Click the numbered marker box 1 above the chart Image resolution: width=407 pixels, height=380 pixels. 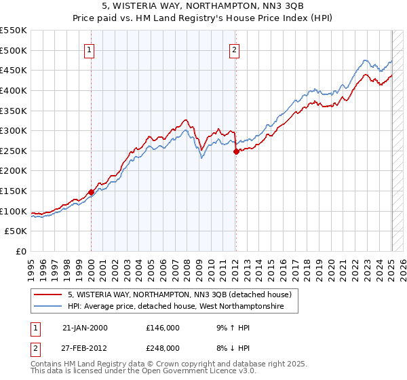(x=90, y=49)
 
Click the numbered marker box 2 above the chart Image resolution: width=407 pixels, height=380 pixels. (x=234, y=49)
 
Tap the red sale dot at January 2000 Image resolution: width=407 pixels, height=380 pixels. (x=91, y=192)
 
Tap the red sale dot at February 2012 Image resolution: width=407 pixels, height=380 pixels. (x=236, y=151)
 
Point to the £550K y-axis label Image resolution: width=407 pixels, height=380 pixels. (x=14, y=31)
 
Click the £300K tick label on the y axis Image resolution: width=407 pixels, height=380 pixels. (x=14, y=130)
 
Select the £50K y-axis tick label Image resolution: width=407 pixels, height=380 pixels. (x=16, y=231)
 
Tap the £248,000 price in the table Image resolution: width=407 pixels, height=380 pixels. (x=162, y=347)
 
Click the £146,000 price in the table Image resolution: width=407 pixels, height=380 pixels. (x=162, y=328)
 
